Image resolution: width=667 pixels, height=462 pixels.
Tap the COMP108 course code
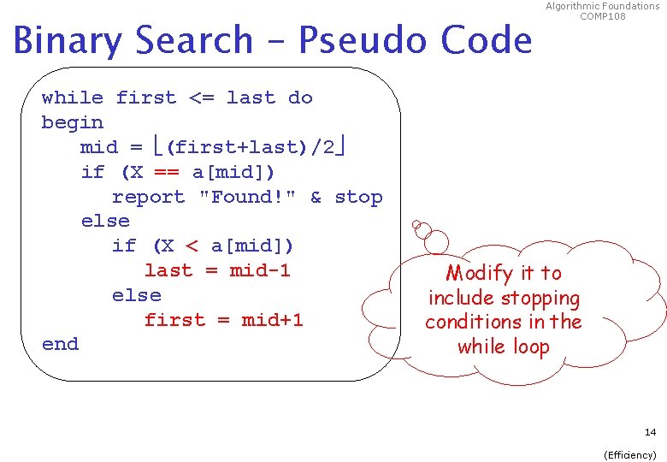pos(603,16)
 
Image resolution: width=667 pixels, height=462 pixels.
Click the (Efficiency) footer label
pos(630,455)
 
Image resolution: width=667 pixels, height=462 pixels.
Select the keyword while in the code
pos(72,98)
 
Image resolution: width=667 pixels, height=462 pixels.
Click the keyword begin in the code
pos(72,122)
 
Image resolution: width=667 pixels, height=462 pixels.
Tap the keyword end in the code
pos(60,344)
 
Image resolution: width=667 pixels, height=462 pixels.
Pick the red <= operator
pos(201,98)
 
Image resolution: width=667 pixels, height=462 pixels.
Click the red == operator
pos(168,172)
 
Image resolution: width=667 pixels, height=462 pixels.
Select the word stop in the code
pos(358,197)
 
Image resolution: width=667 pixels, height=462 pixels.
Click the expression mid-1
pos(260,270)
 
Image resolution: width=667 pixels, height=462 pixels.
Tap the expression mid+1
pos(272,320)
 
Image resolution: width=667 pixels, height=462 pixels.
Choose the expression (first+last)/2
pos(254,147)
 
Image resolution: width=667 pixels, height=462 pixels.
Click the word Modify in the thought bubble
pos(480,274)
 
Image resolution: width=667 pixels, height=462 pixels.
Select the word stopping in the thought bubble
pos(540,299)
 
